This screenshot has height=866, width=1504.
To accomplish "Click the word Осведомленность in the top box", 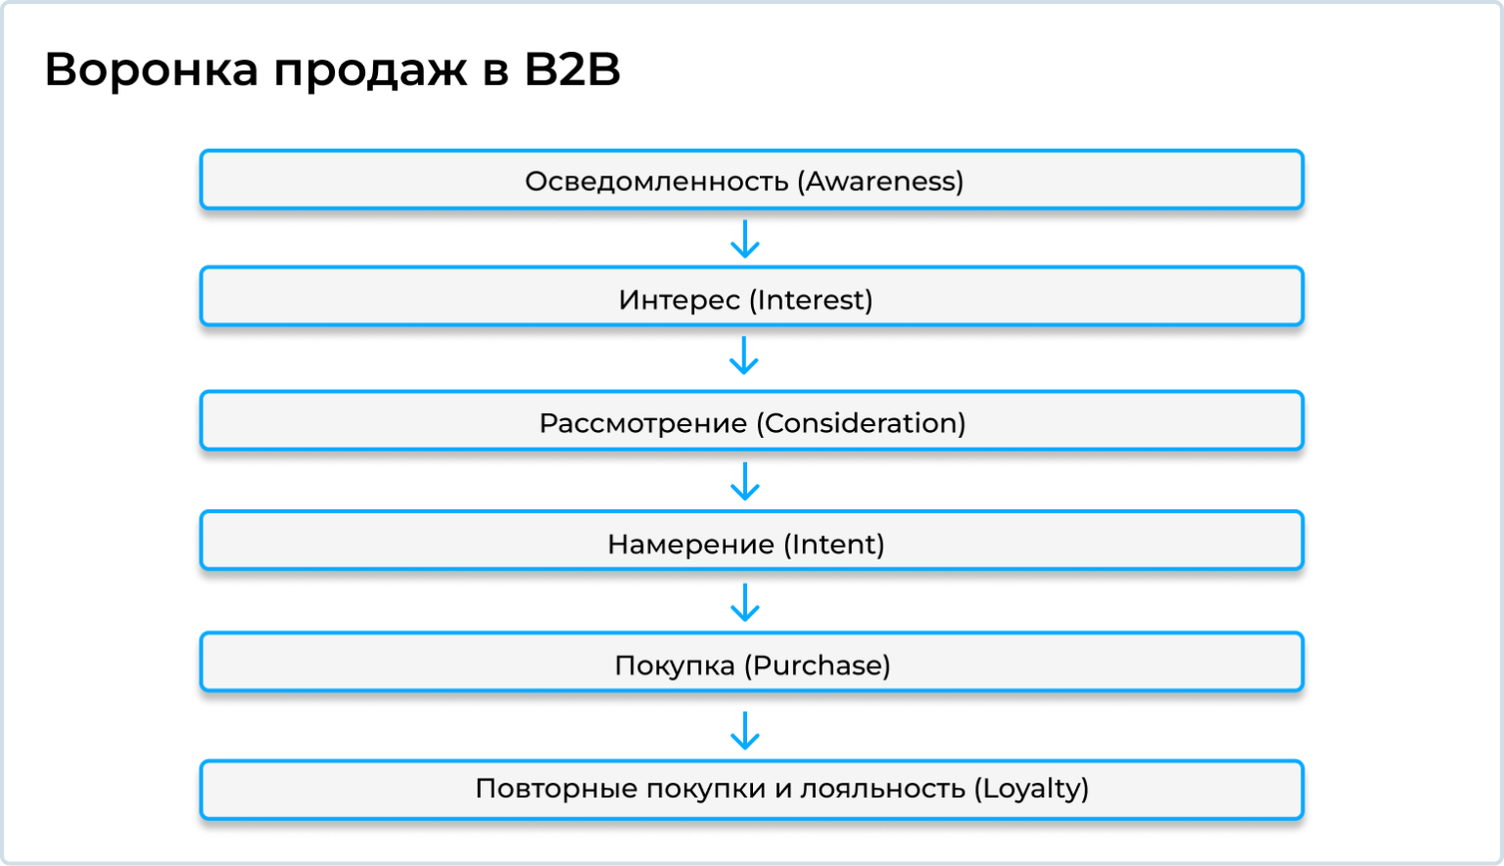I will pyautogui.click(x=656, y=181).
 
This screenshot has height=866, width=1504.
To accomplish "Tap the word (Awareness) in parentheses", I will pyautogui.click(x=880, y=181).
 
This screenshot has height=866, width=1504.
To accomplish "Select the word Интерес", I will pyautogui.click(x=679, y=300).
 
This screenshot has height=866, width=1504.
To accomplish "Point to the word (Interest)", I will pyautogui.click(x=811, y=300).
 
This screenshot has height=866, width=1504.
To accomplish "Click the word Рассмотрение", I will pyautogui.click(x=643, y=423).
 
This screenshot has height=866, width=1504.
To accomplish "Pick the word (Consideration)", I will pyautogui.click(x=861, y=423).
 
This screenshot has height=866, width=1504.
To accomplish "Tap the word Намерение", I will pyautogui.click(x=690, y=545).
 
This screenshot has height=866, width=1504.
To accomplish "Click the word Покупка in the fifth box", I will pyautogui.click(x=675, y=666).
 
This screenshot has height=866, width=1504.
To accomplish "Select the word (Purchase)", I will pyautogui.click(x=818, y=666).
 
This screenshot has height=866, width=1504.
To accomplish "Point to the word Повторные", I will pyautogui.click(x=542, y=789).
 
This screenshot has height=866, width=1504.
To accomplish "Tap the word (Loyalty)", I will pyautogui.click(x=1032, y=789).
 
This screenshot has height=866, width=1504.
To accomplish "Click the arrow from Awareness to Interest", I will pyautogui.click(x=745, y=240).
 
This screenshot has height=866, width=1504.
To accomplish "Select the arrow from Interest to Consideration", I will pyautogui.click(x=744, y=357).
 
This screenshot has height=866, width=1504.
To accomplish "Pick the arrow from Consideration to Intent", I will pyautogui.click(x=745, y=482).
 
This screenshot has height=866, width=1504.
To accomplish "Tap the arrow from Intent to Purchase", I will pyautogui.click(x=745, y=602).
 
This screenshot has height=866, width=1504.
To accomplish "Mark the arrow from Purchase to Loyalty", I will pyautogui.click(x=745, y=732).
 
